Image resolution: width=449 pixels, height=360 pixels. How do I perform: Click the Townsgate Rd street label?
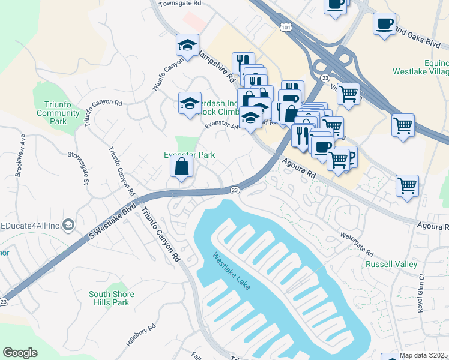[179, 4]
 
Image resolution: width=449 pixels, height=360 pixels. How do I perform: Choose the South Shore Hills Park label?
[112, 298]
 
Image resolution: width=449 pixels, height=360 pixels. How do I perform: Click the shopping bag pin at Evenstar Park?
[181, 167]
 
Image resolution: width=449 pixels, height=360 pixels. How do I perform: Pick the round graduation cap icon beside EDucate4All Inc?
[68, 224]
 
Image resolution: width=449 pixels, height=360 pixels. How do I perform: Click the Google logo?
[20, 353]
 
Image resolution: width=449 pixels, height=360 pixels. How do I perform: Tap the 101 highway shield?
[285, 27]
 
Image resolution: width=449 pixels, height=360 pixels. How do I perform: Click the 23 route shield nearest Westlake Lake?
[235, 190]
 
